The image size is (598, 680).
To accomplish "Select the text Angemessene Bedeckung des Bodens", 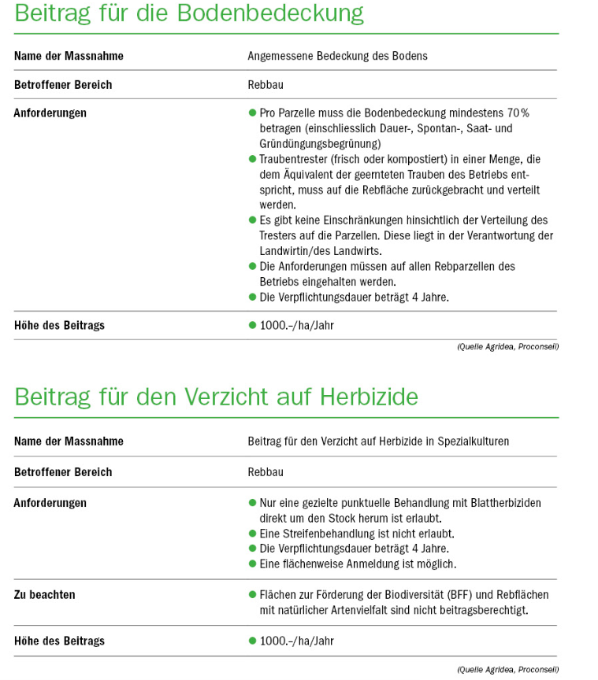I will coord(337,56).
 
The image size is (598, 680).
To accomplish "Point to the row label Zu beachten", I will coord(45,595).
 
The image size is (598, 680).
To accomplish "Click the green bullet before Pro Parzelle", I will coord(252,113).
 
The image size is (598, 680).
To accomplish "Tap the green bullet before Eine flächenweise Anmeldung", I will coord(252,564).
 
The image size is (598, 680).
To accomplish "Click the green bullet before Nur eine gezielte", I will coord(252,503).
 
